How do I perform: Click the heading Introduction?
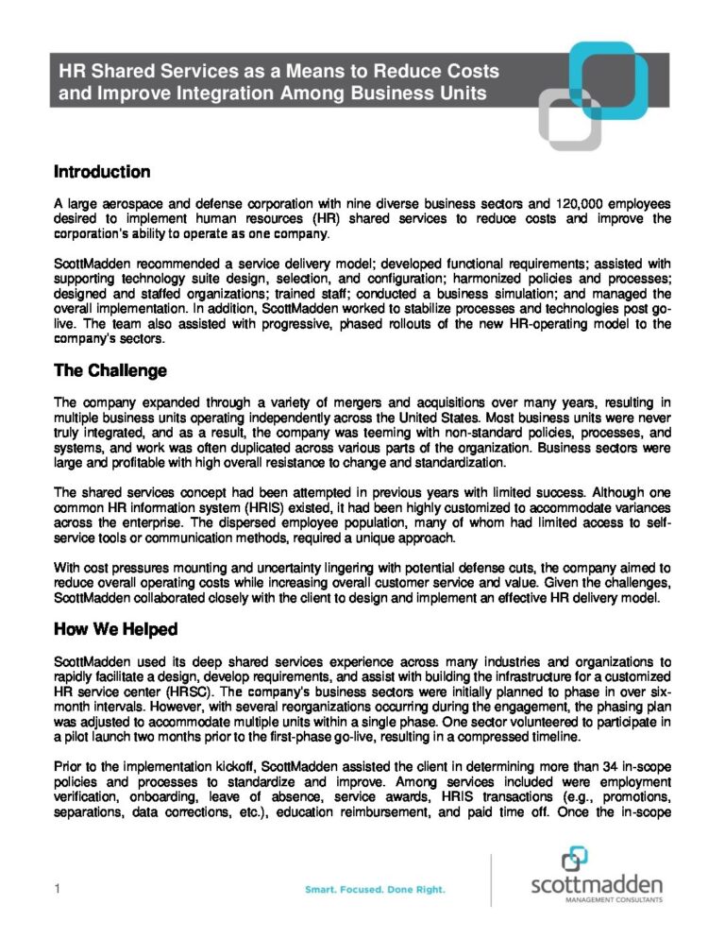[102, 172]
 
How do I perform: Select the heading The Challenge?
[110, 371]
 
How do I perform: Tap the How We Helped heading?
[116, 629]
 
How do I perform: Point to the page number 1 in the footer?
[59, 889]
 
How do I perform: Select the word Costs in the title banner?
[470, 71]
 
